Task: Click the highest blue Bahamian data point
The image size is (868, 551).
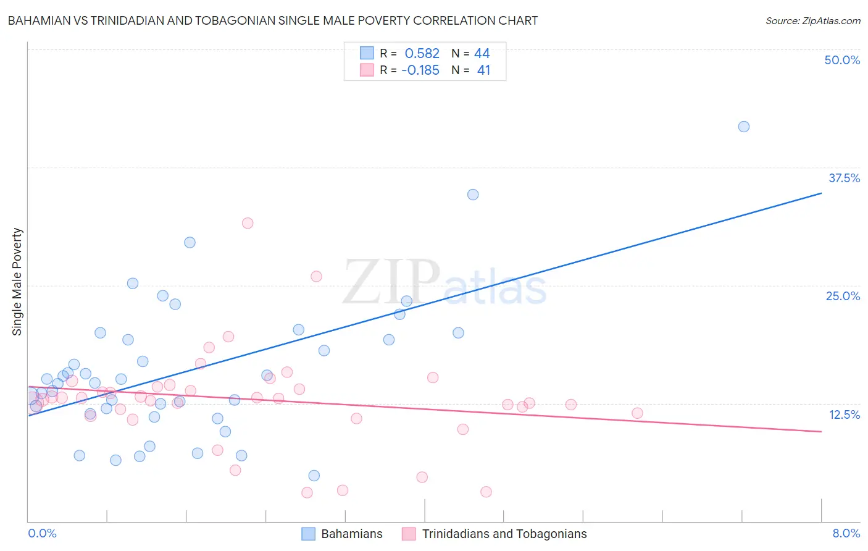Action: [744, 127]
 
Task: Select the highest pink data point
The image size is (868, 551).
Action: [248, 223]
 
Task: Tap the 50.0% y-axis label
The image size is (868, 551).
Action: [842, 60]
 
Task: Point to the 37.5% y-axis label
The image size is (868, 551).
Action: [844, 178]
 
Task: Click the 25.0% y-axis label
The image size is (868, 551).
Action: [843, 296]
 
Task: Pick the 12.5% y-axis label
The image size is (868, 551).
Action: [844, 414]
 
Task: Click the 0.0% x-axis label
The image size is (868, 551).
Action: [42, 533]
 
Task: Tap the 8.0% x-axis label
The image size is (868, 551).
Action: [846, 533]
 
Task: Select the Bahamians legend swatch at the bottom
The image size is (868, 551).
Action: [309, 534]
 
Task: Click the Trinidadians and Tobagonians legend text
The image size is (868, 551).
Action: [504, 534]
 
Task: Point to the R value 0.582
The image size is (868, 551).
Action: [422, 54]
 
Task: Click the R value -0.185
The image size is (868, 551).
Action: [420, 70]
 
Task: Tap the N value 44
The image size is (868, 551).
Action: [482, 54]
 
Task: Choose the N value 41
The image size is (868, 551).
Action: [483, 70]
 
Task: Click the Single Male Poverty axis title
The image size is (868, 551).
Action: [17, 282]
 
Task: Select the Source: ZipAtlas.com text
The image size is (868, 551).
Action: [812, 21]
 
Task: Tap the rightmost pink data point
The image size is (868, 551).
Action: [637, 413]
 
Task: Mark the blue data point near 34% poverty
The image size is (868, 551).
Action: [473, 195]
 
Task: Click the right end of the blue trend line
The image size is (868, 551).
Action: [821, 193]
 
